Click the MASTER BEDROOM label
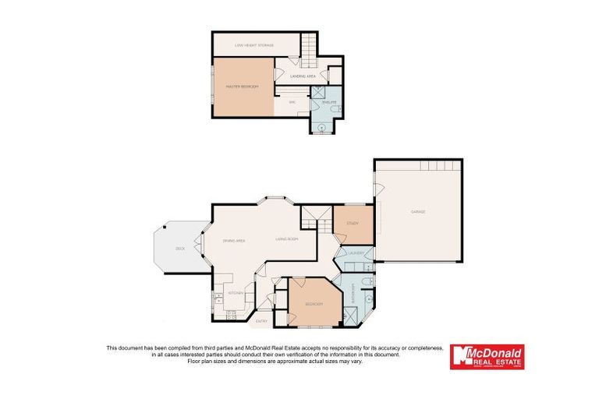(x=243, y=87)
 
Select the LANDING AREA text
(x=302, y=76)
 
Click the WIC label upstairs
(x=292, y=102)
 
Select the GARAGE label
(x=418, y=211)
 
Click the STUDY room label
(x=352, y=224)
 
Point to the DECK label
(x=180, y=248)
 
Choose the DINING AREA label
(x=234, y=241)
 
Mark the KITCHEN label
(x=236, y=293)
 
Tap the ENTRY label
(x=261, y=320)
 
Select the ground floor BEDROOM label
(x=314, y=303)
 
